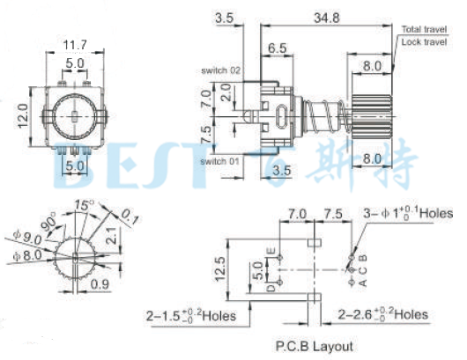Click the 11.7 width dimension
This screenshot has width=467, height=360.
click(74, 44)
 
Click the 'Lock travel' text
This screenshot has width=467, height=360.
click(424, 41)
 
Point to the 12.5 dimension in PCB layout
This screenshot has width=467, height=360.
click(226, 267)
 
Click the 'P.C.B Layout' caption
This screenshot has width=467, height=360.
click(314, 345)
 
